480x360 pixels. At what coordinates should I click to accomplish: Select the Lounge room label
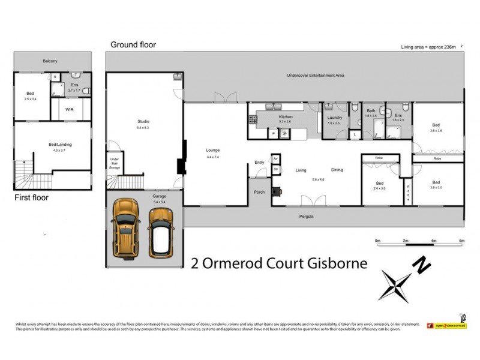click(x=213, y=150)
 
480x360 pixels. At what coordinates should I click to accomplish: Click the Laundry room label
click(x=334, y=117)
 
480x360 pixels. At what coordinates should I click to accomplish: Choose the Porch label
click(x=260, y=192)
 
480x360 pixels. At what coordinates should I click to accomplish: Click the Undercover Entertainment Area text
click(x=315, y=76)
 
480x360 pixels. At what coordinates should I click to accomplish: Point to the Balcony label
click(x=50, y=61)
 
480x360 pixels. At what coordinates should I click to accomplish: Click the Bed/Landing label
click(x=58, y=143)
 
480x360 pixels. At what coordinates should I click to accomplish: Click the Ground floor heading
click(x=133, y=44)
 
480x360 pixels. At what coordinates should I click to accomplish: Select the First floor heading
click(x=32, y=197)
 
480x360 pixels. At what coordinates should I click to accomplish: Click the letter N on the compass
click(x=424, y=263)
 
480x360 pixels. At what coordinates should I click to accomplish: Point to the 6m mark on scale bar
click(x=461, y=241)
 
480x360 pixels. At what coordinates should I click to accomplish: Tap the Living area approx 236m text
click(x=428, y=47)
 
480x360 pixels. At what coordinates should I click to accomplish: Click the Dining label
click(x=337, y=170)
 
